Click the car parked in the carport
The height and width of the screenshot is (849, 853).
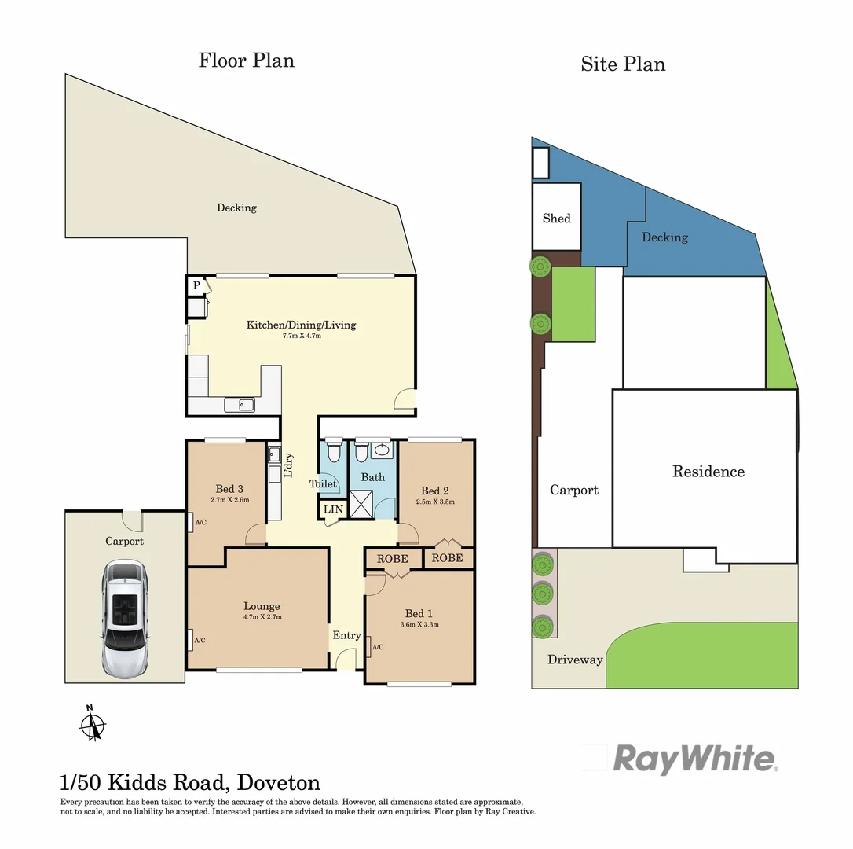pyautogui.click(x=125, y=619)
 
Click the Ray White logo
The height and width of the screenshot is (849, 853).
pyautogui.click(x=694, y=759)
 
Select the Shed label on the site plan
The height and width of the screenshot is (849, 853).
pyautogui.click(x=556, y=218)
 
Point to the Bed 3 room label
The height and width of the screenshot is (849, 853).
pyautogui.click(x=229, y=489)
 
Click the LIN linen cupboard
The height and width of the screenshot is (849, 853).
pyautogui.click(x=333, y=510)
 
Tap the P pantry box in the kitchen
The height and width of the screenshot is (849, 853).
pyautogui.click(x=196, y=285)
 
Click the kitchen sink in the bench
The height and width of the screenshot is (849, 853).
pyautogui.click(x=239, y=405)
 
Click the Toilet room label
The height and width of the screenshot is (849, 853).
pyautogui.click(x=323, y=484)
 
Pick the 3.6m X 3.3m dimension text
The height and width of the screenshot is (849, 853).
pyautogui.click(x=419, y=625)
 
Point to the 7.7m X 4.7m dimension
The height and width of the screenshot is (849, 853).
pyautogui.click(x=302, y=336)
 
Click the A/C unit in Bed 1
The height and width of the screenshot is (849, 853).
pyautogui.click(x=371, y=646)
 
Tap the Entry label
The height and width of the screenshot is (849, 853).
pyautogui.click(x=346, y=635)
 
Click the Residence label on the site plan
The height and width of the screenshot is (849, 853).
pyautogui.click(x=708, y=472)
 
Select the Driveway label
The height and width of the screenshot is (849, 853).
pyautogui.click(x=575, y=660)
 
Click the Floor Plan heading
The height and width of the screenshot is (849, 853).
pyautogui.click(x=247, y=60)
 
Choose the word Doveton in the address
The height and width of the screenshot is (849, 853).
pyautogui.click(x=279, y=782)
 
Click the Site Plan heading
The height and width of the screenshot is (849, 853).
pyautogui.click(x=623, y=64)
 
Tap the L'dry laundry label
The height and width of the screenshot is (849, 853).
pyautogui.click(x=288, y=465)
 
